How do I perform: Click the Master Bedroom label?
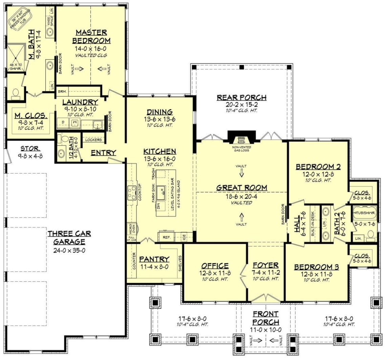(91, 36)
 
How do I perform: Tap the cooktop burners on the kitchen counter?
(131, 194)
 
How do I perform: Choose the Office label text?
(215, 266)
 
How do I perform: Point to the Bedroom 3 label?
(317, 267)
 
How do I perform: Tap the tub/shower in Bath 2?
(364, 213)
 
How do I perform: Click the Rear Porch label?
(241, 98)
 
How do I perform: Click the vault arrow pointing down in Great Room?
(241, 173)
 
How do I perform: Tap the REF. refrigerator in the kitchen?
(166, 237)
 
